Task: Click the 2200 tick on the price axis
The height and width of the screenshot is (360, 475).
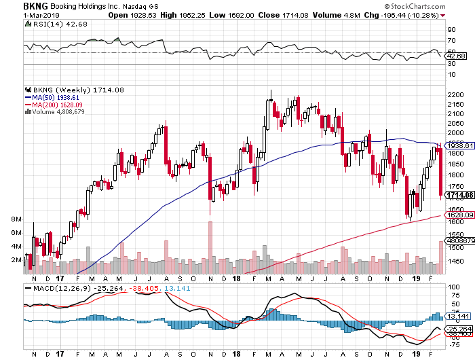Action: [x=455, y=94]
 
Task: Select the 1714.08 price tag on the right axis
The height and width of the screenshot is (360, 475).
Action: [x=457, y=196]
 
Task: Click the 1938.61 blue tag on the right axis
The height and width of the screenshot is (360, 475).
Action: [x=457, y=145]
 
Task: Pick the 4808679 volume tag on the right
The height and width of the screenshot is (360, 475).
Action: [x=459, y=240]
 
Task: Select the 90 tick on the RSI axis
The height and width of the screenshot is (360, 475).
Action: [x=450, y=31]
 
